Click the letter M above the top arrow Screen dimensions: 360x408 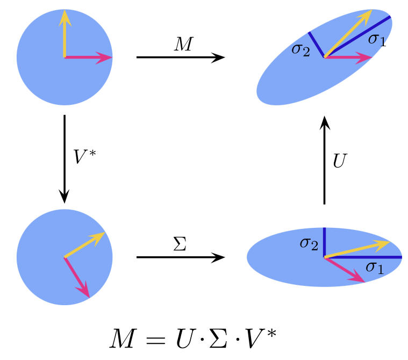click(183, 45)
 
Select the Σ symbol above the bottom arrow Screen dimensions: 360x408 click(181, 245)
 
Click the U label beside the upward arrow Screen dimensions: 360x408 click(340, 161)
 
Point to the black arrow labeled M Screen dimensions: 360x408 click(181, 57)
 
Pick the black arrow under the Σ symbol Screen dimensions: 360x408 click(181, 257)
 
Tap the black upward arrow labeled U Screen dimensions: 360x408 click(325, 161)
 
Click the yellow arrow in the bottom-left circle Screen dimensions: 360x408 click(84, 245)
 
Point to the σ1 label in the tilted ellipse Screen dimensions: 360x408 click(377, 39)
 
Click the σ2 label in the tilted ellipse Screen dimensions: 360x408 click(300, 50)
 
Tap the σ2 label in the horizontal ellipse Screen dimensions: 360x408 click(309, 243)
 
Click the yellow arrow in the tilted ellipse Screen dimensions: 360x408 click(348, 33)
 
